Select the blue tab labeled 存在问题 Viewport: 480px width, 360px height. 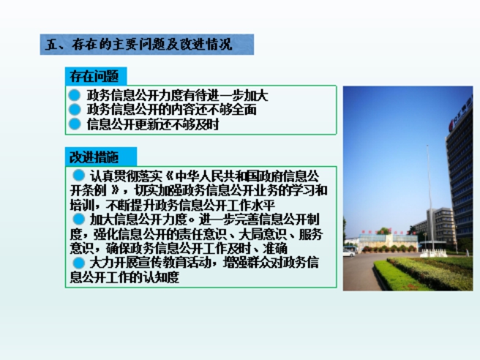(x=96, y=76)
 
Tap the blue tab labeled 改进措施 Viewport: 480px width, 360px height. (x=101, y=157)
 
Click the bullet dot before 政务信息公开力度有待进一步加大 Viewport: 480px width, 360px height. (x=75, y=95)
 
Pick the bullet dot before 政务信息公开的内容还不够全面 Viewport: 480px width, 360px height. (x=75, y=110)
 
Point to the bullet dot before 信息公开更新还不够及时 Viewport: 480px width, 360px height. (x=75, y=124)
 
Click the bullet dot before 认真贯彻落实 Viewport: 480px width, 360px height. (x=79, y=176)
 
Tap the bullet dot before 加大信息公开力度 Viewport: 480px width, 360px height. (x=79, y=220)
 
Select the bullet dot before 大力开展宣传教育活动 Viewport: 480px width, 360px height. (x=79, y=263)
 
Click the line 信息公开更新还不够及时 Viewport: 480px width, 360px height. (x=153, y=124)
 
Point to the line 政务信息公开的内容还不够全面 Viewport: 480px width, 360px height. (x=171, y=110)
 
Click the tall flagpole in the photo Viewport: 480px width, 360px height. (x=430, y=199)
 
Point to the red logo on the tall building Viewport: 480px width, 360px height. (x=451, y=125)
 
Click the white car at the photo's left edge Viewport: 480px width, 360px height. (x=349, y=253)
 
